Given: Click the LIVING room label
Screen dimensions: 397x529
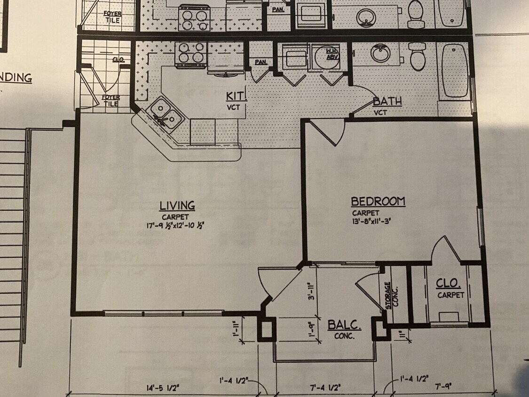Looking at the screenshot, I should click(x=177, y=206).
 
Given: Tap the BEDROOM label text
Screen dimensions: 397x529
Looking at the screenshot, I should click(x=378, y=202).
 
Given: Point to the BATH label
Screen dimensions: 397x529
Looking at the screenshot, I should click(x=387, y=102).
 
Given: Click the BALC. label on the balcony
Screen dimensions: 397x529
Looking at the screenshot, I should click(x=344, y=325).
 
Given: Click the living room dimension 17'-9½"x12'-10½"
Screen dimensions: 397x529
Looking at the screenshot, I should click(x=175, y=226).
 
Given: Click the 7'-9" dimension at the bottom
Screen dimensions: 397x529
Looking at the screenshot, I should click(x=444, y=387).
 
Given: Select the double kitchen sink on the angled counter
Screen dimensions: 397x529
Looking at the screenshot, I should click(x=164, y=115).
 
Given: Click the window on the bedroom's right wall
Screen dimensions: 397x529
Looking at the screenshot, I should click(x=481, y=227).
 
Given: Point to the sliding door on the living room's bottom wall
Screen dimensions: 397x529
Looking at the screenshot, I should click(x=164, y=313).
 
